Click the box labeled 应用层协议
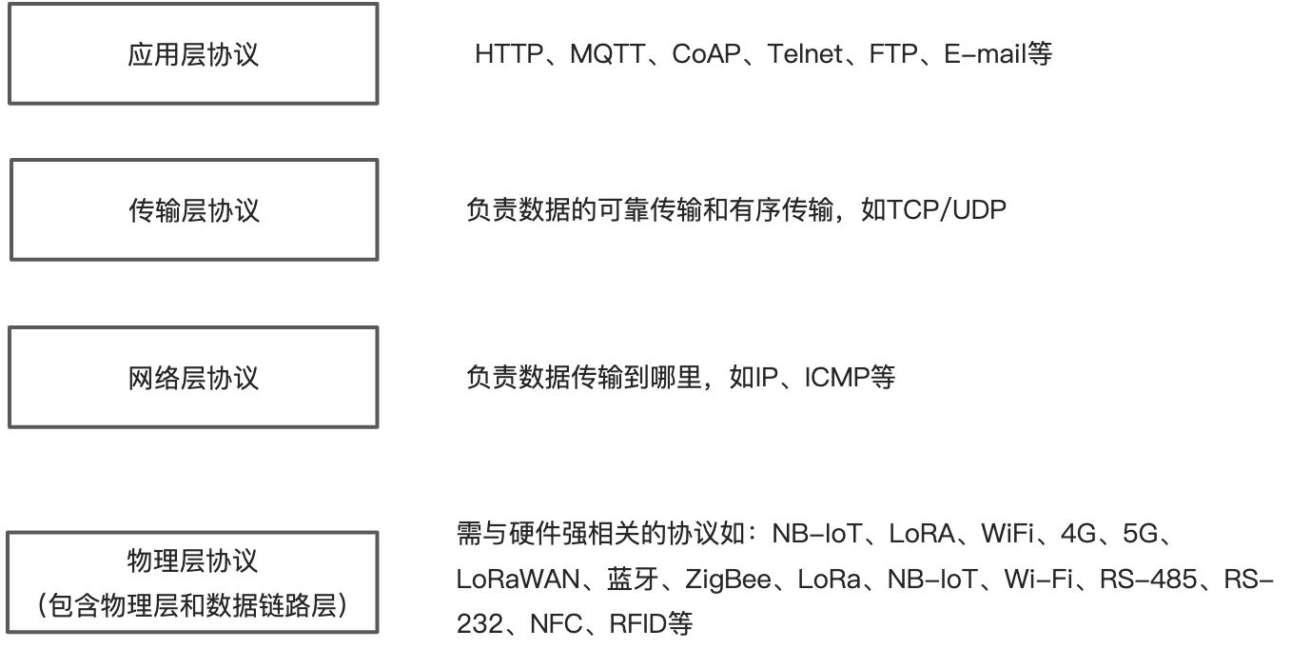pyautogui.click(x=193, y=54)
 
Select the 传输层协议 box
pyautogui.click(x=193, y=210)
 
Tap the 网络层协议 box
pyautogui.click(x=193, y=378)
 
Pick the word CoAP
pyautogui.click(x=705, y=54)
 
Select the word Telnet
pyautogui.click(x=805, y=54)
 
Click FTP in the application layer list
pyautogui.click(x=892, y=54)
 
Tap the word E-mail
pyautogui.click(x=986, y=54)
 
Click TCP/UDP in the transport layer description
pyautogui.click(x=947, y=210)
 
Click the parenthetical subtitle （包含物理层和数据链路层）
pyautogui.click(x=193, y=605)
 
